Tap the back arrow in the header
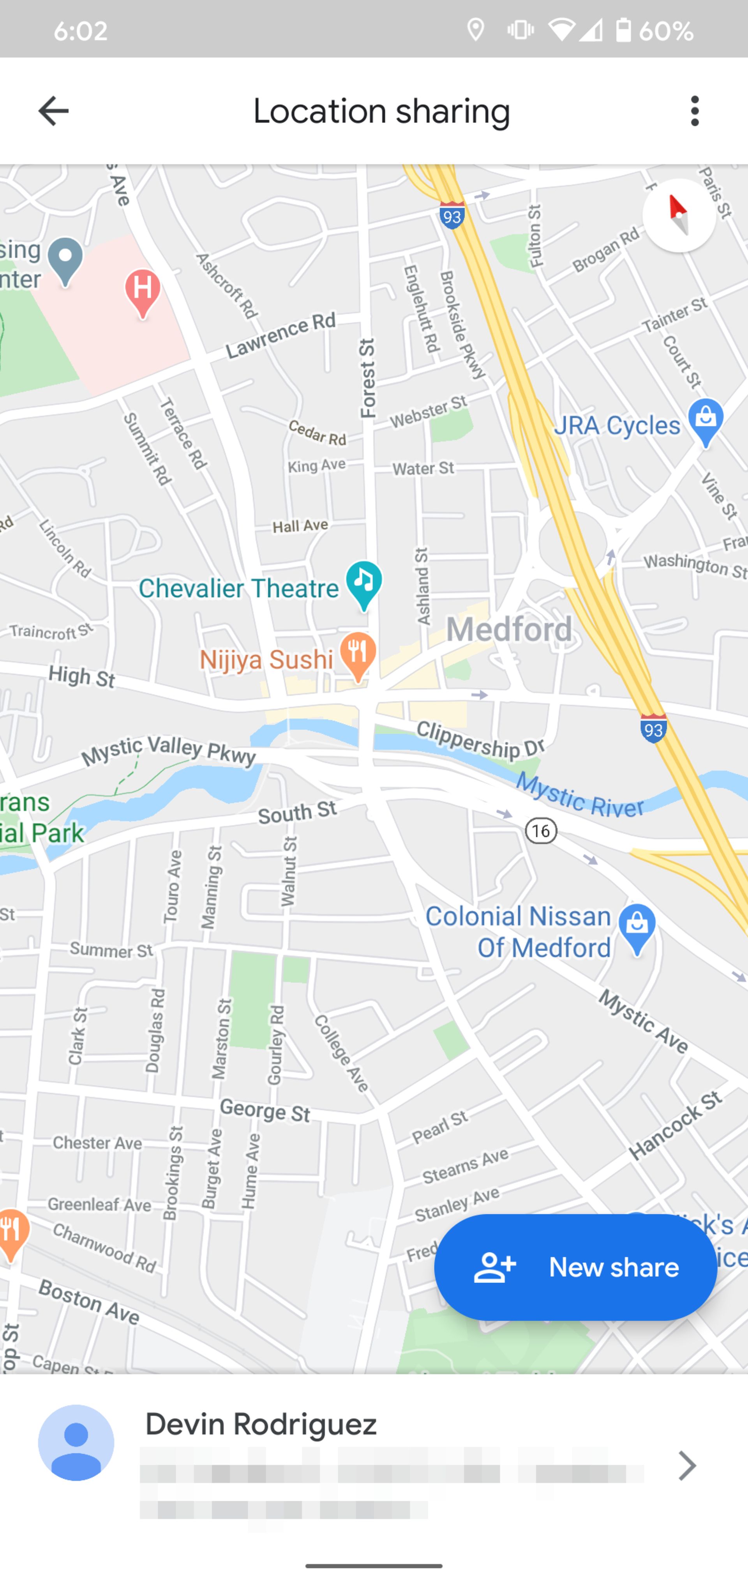click(x=53, y=111)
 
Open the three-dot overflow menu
click(x=694, y=111)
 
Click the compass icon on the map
click(x=679, y=215)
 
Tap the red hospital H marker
click(x=143, y=291)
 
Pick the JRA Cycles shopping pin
click(x=706, y=421)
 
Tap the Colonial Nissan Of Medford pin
click(x=637, y=927)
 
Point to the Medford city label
click(x=509, y=629)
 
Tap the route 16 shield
click(x=541, y=831)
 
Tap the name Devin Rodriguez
click(x=261, y=1424)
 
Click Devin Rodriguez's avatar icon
click(x=76, y=1443)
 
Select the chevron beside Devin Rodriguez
click(x=687, y=1465)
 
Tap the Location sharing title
click(x=381, y=111)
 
